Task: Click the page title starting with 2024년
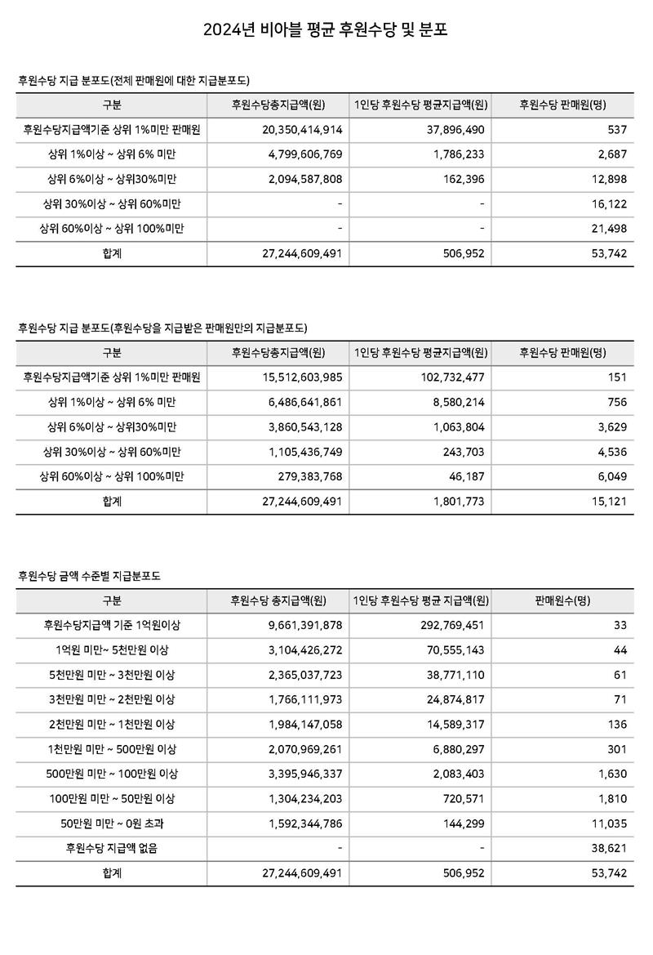coord(326,32)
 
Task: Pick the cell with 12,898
coord(607,179)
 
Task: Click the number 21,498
coord(607,229)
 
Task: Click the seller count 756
coord(617,402)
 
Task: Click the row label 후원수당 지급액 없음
coord(112,849)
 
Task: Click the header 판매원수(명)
coord(562,600)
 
